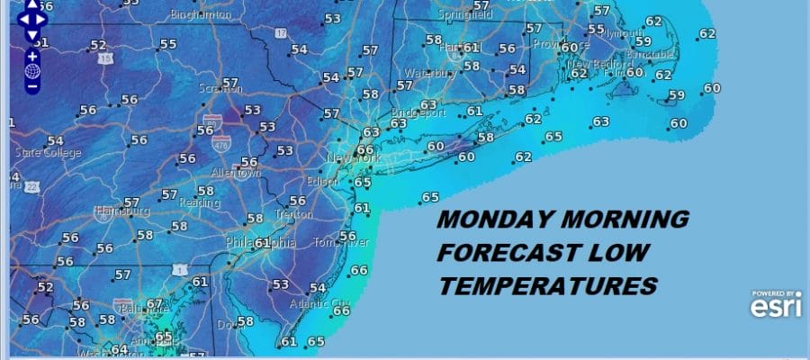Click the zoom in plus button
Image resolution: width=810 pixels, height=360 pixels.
point(32,56)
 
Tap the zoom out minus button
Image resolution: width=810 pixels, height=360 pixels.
point(32,86)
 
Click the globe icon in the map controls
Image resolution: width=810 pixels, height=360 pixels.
point(32,71)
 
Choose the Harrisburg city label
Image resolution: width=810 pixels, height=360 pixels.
point(121,212)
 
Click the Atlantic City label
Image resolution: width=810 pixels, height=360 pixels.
point(328,302)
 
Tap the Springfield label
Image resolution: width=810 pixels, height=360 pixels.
point(465,15)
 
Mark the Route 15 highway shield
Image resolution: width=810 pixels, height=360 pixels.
point(107,58)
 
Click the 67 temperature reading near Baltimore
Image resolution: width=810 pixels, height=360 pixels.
point(155,305)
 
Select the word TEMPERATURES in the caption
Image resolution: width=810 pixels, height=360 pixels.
point(547,284)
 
